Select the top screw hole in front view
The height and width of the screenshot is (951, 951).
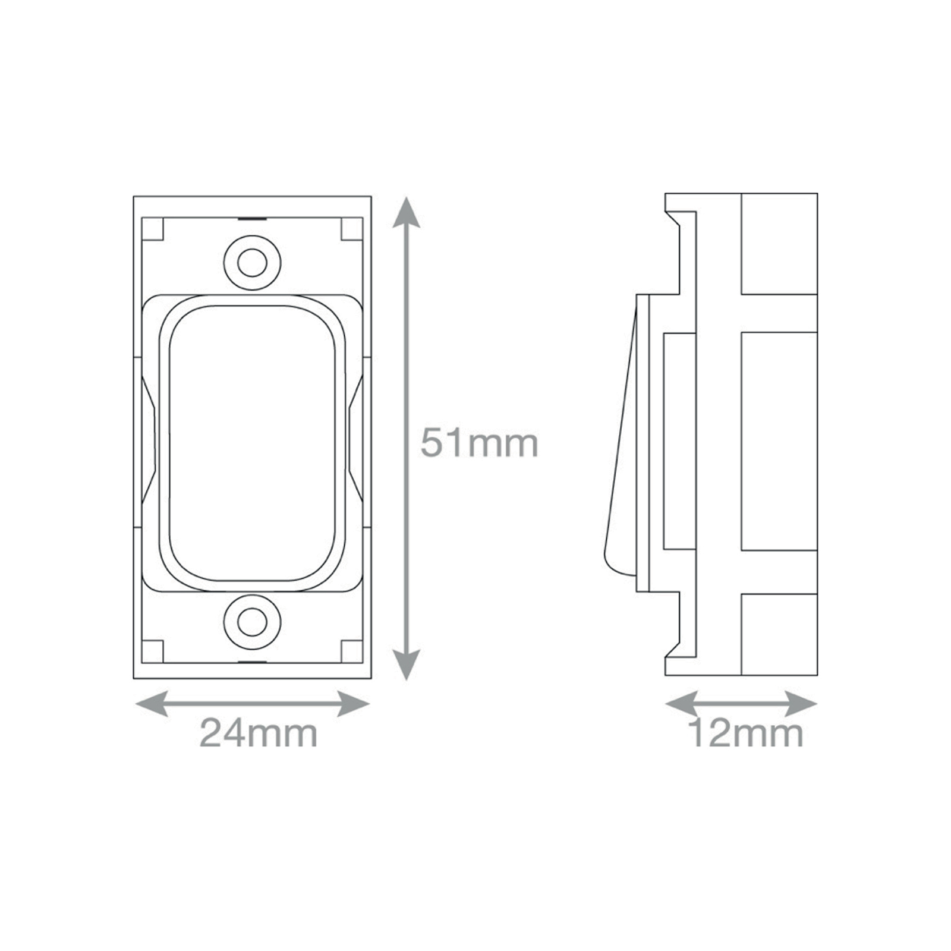252,262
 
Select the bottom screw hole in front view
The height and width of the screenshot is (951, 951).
252,622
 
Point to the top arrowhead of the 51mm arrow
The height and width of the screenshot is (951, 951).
407,213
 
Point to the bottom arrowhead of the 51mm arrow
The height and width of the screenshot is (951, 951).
407,664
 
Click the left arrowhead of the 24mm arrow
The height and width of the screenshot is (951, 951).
152,704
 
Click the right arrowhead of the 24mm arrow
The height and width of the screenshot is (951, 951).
353,704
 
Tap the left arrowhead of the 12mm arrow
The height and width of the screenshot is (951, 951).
681,704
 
